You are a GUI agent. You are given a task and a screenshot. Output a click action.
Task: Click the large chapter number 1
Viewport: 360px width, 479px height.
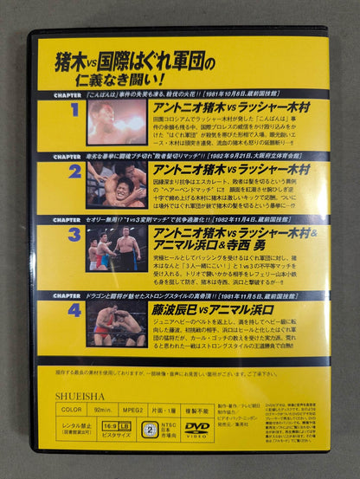point(74,110)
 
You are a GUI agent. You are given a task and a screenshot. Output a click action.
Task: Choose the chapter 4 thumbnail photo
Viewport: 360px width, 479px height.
point(116,322)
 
